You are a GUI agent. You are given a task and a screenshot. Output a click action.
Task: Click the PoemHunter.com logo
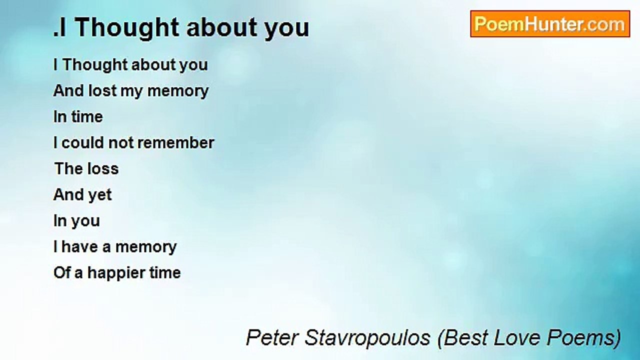[x=549, y=24]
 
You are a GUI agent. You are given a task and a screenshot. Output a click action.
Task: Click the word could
[x=82, y=142]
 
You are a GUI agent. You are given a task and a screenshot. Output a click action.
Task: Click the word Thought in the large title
[x=128, y=28]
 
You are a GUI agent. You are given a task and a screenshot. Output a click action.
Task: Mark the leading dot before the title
[x=55, y=35]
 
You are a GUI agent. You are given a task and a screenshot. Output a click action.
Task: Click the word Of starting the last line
[x=61, y=272]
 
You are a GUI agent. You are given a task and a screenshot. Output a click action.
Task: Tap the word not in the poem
[x=120, y=142]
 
